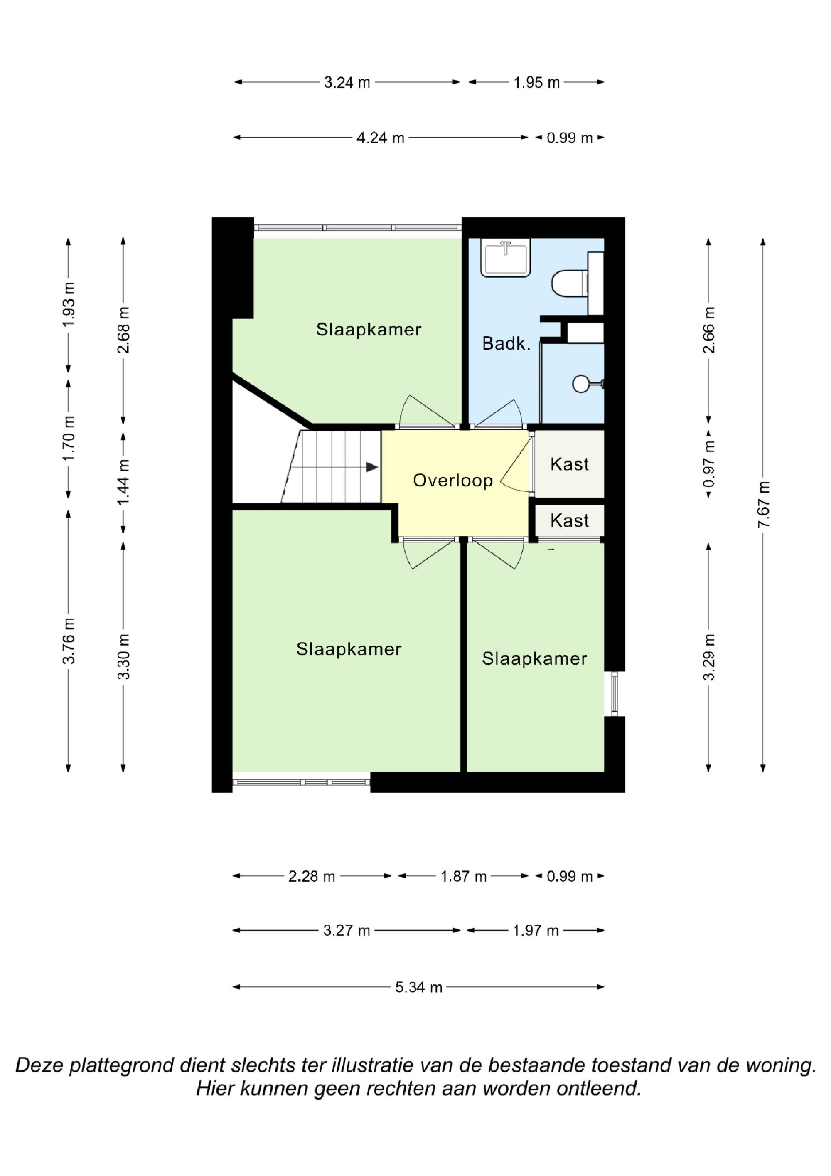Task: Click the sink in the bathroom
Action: [505, 258]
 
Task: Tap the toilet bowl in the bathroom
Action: [569, 283]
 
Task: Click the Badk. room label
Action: [506, 343]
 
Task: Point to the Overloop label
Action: [452, 481]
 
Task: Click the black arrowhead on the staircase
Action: [372, 467]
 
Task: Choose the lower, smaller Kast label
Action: [569, 520]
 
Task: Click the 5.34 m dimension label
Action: [418, 988]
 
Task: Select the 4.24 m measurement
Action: [381, 138]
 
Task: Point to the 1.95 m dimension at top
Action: [536, 82]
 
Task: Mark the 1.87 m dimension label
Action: [463, 876]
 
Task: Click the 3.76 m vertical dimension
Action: [69, 641]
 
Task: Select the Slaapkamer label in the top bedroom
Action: [369, 329]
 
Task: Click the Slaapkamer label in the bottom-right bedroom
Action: [535, 659]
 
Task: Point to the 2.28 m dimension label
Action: [311, 876]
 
